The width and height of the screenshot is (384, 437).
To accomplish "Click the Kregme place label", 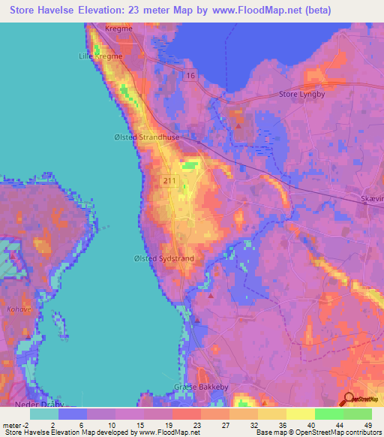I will pyautogui.click(x=118, y=29).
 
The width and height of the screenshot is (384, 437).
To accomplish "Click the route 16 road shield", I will pyautogui.click(x=192, y=76).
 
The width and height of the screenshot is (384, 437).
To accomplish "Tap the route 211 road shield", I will pyautogui.click(x=169, y=181).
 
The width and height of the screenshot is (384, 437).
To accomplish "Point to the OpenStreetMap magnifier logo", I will pyautogui.click(x=349, y=399).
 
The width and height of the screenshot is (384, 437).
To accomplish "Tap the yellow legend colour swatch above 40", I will pyautogui.click(x=300, y=413).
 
